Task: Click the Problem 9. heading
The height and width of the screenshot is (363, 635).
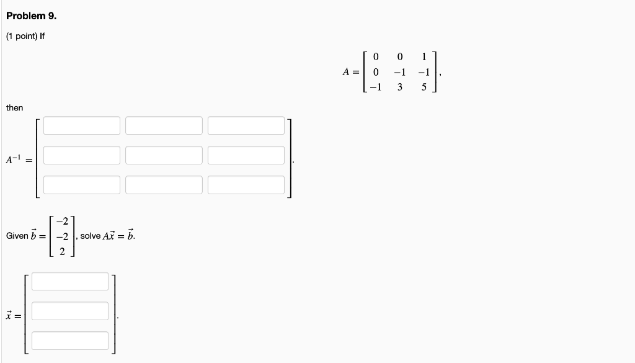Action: click(x=31, y=16)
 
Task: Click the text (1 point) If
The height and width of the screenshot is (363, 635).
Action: click(x=25, y=36)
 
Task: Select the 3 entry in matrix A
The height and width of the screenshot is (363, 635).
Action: click(x=400, y=87)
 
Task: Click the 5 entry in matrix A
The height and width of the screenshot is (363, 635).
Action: click(x=424, y=87)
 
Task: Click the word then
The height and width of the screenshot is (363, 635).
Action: click(x=14, y=108)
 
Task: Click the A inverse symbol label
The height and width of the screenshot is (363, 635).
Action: click(x=14, y=160)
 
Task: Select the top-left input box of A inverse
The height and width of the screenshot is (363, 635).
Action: click(x=81, y=125)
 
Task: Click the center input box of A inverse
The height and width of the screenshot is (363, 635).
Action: click(x=164, y=155)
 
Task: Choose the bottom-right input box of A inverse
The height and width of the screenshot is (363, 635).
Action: click(x=246, y=185)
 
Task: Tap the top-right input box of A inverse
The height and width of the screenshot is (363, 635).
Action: click(x=246, y=125)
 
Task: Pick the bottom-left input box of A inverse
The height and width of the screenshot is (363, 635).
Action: click(x=81, y=185)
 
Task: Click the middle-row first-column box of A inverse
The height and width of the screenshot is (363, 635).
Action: click(x=81, y=155)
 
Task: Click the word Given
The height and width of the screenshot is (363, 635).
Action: click(x=17, y=236)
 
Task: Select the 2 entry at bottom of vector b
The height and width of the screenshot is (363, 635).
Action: click(x=62, y=251)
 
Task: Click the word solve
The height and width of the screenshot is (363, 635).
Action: click(x=90, y=236)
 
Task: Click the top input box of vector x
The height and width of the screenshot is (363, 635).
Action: click(x=70, y=281)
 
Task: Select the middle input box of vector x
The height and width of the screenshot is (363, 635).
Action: click(x=70, y=311)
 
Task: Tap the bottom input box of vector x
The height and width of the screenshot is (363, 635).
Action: click(x=70, y=341)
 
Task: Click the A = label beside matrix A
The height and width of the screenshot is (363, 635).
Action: click(x=350, y=72)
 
